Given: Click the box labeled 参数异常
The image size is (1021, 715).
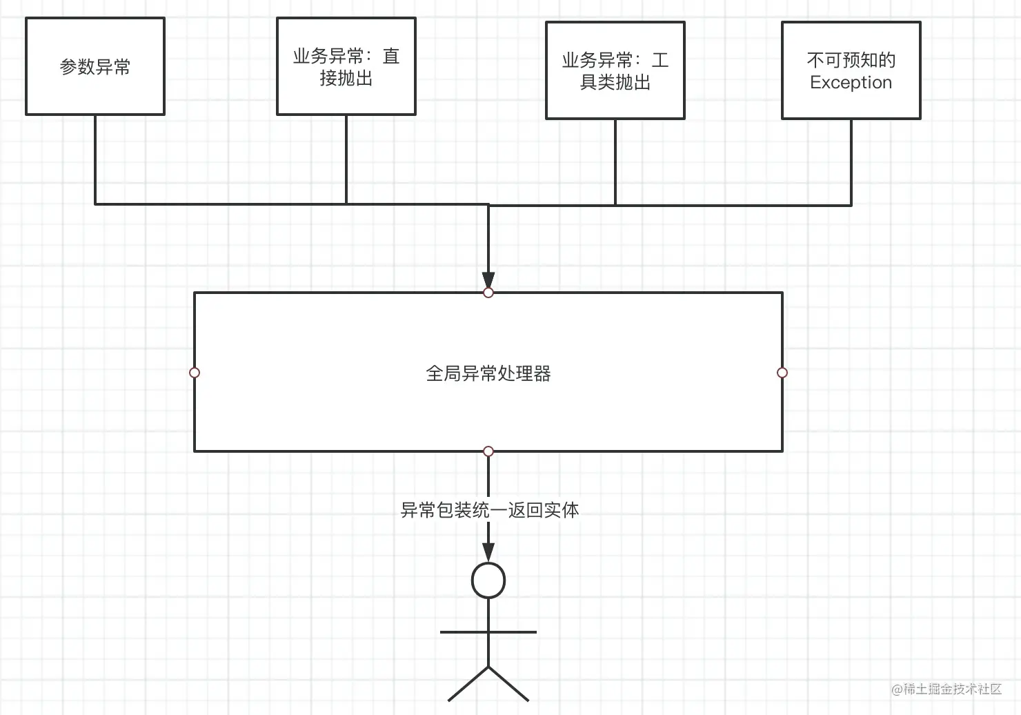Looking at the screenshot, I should (x=95, y=66).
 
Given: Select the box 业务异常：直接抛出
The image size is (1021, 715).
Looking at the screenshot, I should (x=346, y=66).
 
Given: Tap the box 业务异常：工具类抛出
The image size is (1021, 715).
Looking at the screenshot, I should (x=615, y=70).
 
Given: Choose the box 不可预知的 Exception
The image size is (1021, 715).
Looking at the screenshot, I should (x=851, y=70).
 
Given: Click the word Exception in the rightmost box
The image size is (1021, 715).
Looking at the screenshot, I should (x=851, y=82).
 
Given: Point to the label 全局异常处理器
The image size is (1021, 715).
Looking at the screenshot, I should (x=488, y=373).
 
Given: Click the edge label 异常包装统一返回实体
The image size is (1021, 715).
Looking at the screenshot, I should (x=489, y=510).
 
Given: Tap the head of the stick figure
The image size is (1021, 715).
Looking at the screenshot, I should (x=488, y=580).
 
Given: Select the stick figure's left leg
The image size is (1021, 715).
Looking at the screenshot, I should (x=468, y=684).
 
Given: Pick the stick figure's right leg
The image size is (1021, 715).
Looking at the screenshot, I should (x=509, y=684).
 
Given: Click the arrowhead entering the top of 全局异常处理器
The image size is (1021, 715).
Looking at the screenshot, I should (x=488, y=281).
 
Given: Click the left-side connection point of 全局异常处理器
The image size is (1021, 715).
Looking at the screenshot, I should (x=195, y=373).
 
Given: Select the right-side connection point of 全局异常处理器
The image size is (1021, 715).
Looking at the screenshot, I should (x=782, y=373).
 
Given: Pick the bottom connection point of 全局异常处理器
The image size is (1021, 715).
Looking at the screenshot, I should (x=488, y=451).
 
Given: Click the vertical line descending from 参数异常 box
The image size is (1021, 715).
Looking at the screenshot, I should (x=95, y=159).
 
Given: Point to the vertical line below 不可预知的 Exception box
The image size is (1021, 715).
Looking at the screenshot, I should (x=851, y=162).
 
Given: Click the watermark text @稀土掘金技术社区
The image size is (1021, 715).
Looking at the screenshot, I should (x=946, y=689).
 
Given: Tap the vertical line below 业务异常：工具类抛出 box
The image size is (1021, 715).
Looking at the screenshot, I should (x=615, y=162).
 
